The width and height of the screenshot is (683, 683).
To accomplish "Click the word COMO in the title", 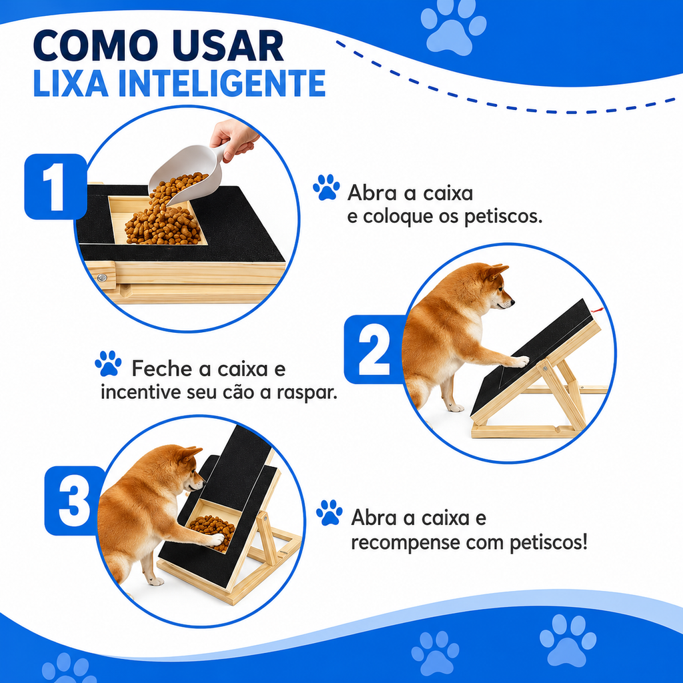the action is tap(95, 46).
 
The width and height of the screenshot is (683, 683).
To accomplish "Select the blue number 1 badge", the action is tap(55, 187).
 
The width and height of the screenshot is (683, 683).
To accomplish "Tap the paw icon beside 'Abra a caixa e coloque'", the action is tap(326, 187).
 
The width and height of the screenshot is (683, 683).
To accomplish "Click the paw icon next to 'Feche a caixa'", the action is tap(108, 364).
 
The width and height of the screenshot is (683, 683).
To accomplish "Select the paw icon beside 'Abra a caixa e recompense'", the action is tap(329, 512).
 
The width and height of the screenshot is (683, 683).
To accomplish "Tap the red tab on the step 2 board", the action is tap(598, 310).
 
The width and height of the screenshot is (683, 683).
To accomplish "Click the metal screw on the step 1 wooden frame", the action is tap(103, 277).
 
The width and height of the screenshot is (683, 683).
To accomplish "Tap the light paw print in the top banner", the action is tap(454, 27).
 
